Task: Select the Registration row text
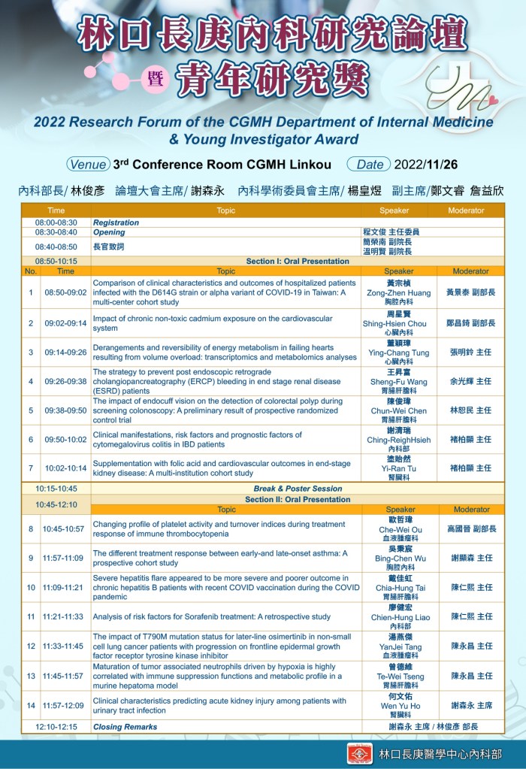tap(116, 223)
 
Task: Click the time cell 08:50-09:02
tap(65, 292)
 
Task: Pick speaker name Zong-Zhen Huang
tap(399, 292)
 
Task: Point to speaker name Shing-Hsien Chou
tap(399, 323)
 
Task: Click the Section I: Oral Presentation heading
tap(298, 261)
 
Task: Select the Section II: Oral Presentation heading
tap(298, 499)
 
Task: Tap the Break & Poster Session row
tap(298, 489)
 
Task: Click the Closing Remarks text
tap(125, 727)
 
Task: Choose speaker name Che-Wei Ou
tap(399, 529)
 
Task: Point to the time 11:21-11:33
tap(65, 616)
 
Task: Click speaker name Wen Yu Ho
tap(399, 706)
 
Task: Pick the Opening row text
tap(109, 232)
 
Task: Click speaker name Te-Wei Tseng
tap(399, 677)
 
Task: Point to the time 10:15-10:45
tap(56, 489)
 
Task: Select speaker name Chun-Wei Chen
tap(399, 411)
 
